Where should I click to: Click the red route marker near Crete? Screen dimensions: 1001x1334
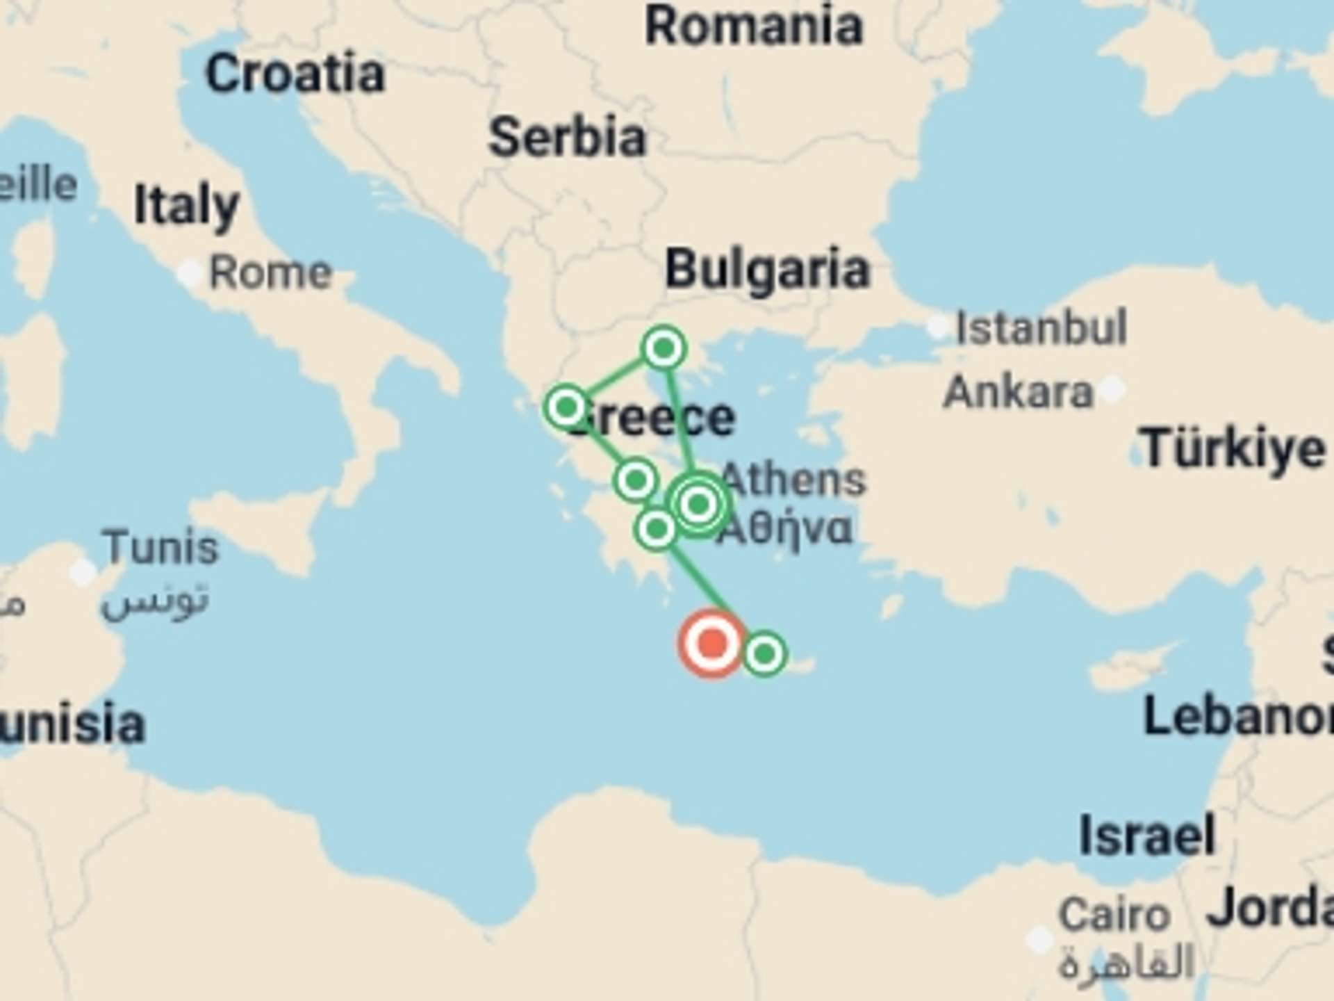[x=711, y=643]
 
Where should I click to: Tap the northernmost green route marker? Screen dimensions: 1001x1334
[x=664, y=347]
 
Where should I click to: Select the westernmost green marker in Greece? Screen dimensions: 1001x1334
[x=567, y=407]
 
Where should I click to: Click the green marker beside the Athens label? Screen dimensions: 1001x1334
[x=699, y=503]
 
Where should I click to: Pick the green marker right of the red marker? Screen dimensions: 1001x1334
[x=764, y=653]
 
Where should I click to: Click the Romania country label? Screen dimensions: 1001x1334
[x=754, y=26]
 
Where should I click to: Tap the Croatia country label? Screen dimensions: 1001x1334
[x=295, y=74]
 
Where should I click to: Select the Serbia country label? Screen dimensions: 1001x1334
[x=568, y=137]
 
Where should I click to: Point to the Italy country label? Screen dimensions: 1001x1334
[x=186, y=206]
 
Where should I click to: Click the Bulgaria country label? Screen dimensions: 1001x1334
[x=767, y=269]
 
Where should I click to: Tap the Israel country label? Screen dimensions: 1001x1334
[x=1147, y=835]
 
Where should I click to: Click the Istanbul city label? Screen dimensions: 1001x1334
[x=1041, y=327]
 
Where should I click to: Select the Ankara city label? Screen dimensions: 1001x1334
[x=1018, y=392]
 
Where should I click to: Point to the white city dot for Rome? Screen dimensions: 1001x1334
[x=190, y=273]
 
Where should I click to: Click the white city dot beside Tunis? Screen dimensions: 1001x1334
[x=83, y=572]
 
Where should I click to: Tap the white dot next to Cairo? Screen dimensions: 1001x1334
[x=1040, y=940]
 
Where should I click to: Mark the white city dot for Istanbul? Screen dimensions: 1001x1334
[x=938, y=325]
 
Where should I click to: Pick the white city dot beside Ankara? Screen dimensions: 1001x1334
[x=1112, y=388]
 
